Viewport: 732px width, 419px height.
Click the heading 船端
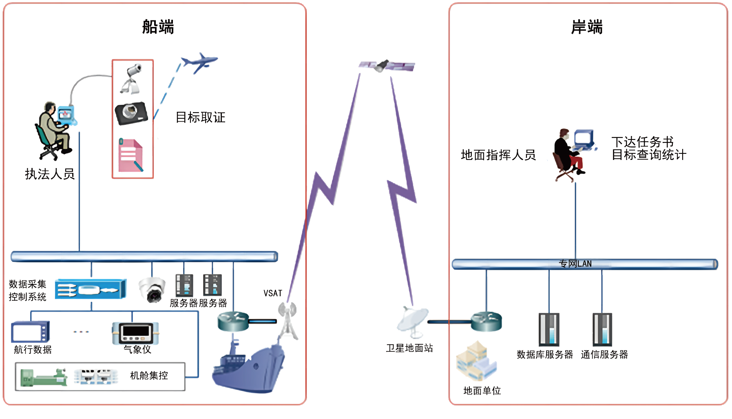click(x=158, y=27)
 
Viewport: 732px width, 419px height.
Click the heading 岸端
click(x=586, y=27)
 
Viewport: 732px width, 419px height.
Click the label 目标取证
click(x=200, y=117)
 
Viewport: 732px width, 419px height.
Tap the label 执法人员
click(x=50, y=174)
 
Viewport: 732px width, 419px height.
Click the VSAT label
click(x=272, y=293)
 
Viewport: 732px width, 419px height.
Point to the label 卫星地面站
click(x=409, y=348)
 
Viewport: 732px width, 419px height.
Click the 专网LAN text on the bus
click(x=575, y=264)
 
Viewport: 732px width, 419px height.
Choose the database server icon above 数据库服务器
click(x=549, y=330)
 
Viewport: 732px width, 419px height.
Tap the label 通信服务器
click(x=604, y=355)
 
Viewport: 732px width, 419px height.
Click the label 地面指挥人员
click(x=498, y=155)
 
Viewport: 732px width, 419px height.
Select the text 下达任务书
click(x=642, y=142)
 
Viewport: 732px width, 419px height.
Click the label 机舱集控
click(x=149, y=375)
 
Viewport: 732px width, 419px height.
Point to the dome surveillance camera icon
click(x=152, y=289)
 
